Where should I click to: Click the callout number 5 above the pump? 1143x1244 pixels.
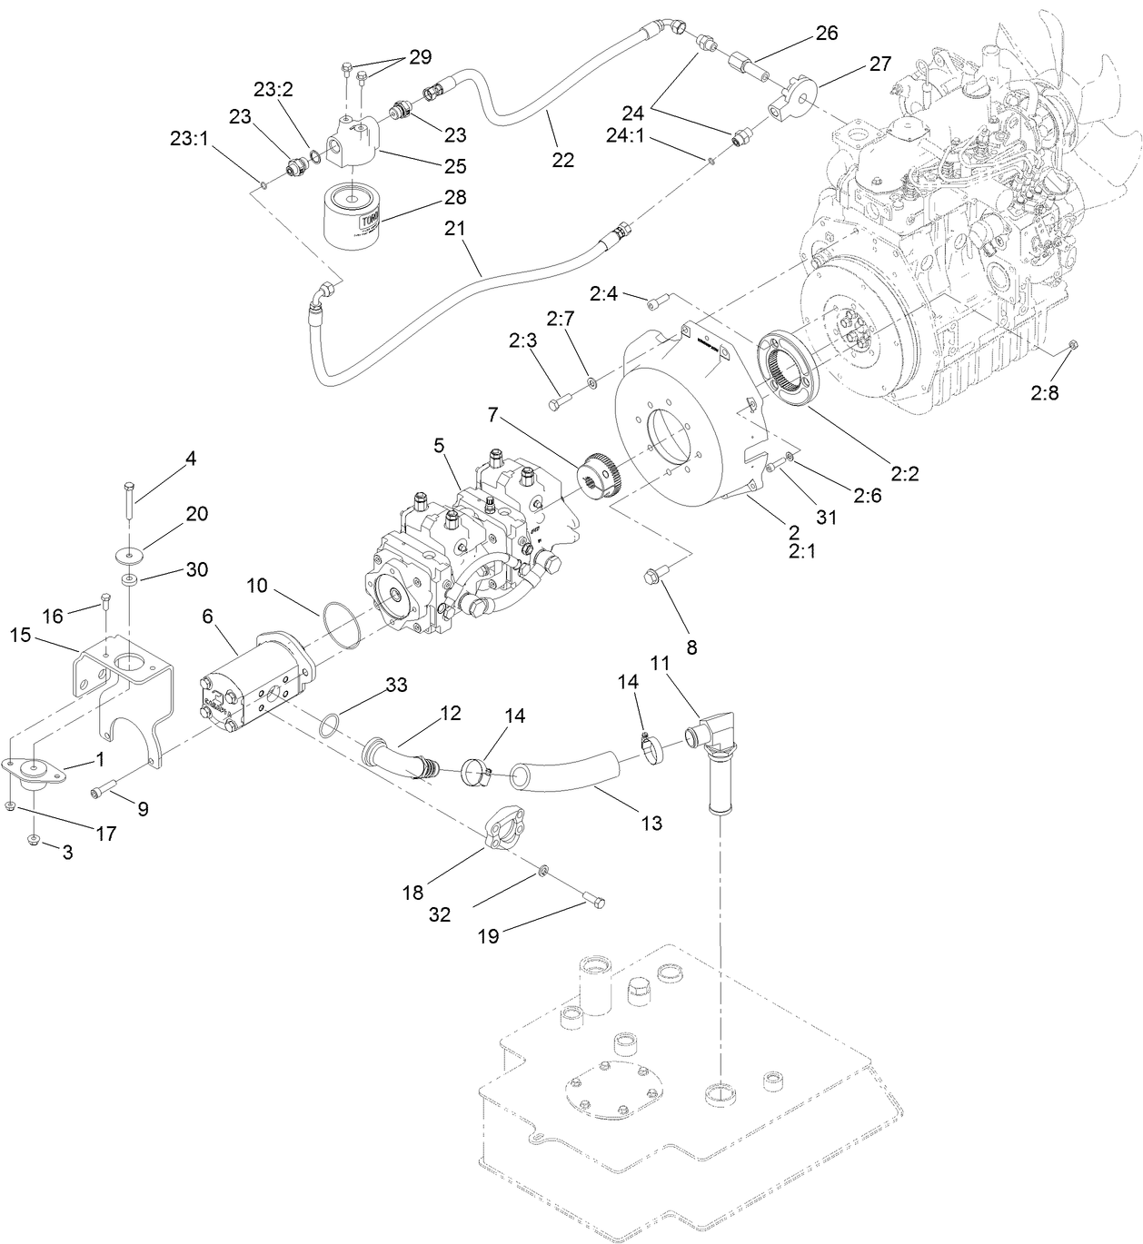coord(439,445)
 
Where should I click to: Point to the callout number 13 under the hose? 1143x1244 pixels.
coord(651,824)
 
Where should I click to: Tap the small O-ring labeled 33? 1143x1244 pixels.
coord(331,724)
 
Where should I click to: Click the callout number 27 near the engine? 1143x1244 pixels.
coord(880,64)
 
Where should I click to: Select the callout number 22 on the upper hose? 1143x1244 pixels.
coord(562,159)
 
